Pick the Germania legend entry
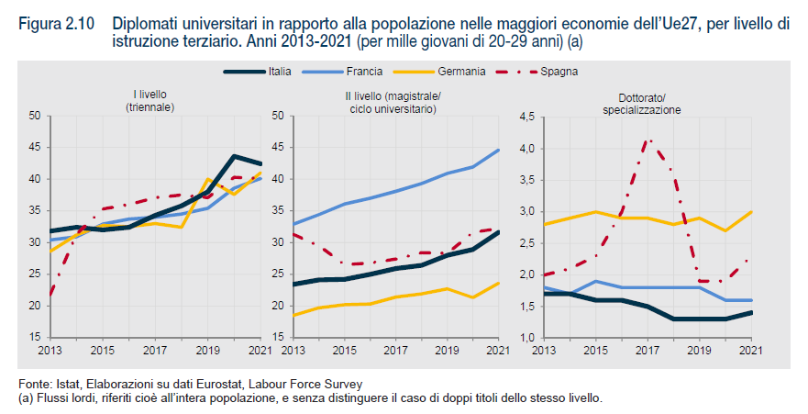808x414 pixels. [454, 71]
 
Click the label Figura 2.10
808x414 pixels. [52, 25]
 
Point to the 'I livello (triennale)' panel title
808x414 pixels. [150, 100]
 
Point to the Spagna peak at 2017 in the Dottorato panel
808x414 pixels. [648, 140]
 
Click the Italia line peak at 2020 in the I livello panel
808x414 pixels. [234, 156]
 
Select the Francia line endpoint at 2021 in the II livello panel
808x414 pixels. [498, 150]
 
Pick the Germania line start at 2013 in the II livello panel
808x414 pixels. [293, 315]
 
